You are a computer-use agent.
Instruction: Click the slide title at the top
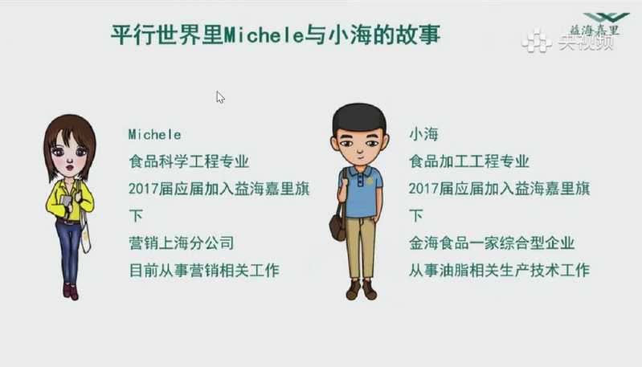click(x=276, y=35)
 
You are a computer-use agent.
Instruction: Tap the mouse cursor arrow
click(x=220, y=97)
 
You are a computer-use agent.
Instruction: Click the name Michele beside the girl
click(x=154, y=135)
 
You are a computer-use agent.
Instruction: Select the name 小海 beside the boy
click(x=423, y=134)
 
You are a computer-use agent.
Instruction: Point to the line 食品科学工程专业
click(x=189, y=161)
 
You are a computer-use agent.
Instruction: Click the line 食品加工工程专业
click(x=468, y=161)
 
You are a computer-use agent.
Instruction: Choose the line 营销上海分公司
click(x=182, y=243)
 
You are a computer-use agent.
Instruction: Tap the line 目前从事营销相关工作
click(x=204, y=271)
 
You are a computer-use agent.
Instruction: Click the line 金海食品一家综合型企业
click(x=491, y=243)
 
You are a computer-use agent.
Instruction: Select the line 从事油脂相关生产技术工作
click(x=499, y=271)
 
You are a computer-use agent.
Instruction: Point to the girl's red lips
click(x=70, y=167)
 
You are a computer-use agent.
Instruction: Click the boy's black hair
click(x=359, y=117)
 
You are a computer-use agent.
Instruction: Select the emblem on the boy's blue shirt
click(x=370, y=181)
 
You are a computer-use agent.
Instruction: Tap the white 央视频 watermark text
click(x=587, y=41)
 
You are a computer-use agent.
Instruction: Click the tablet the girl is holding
click(x=66, y=203)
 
